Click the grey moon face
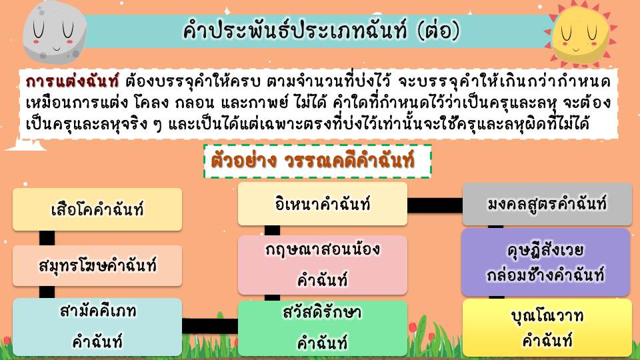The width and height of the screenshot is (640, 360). point(55,33)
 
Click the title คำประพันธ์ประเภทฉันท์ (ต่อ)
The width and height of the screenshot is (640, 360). point(321,31)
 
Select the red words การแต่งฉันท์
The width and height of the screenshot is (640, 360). point(72,81)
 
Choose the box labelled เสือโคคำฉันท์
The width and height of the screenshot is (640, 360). point(97,209)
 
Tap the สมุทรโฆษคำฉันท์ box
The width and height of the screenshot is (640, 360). point(97,266)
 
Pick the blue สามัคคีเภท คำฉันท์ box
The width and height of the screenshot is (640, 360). point(97,327)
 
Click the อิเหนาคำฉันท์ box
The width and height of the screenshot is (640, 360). point(323,204)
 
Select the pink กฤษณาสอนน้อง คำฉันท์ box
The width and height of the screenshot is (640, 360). point(323,265)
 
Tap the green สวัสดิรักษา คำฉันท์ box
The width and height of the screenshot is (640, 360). point(323,328)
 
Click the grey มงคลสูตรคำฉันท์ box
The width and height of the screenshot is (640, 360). point(547,204)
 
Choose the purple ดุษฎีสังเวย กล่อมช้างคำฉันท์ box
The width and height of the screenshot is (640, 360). point(546,262)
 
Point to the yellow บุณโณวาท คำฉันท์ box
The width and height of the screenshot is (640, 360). point(547,327)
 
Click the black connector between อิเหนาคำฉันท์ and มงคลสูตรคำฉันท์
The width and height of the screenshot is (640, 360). point(435,205)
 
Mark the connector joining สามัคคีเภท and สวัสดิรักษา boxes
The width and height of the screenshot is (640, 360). point(210,326)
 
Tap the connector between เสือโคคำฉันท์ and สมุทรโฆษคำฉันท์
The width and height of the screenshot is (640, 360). point(47,238)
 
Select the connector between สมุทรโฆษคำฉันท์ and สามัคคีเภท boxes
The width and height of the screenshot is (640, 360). point(47,292)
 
